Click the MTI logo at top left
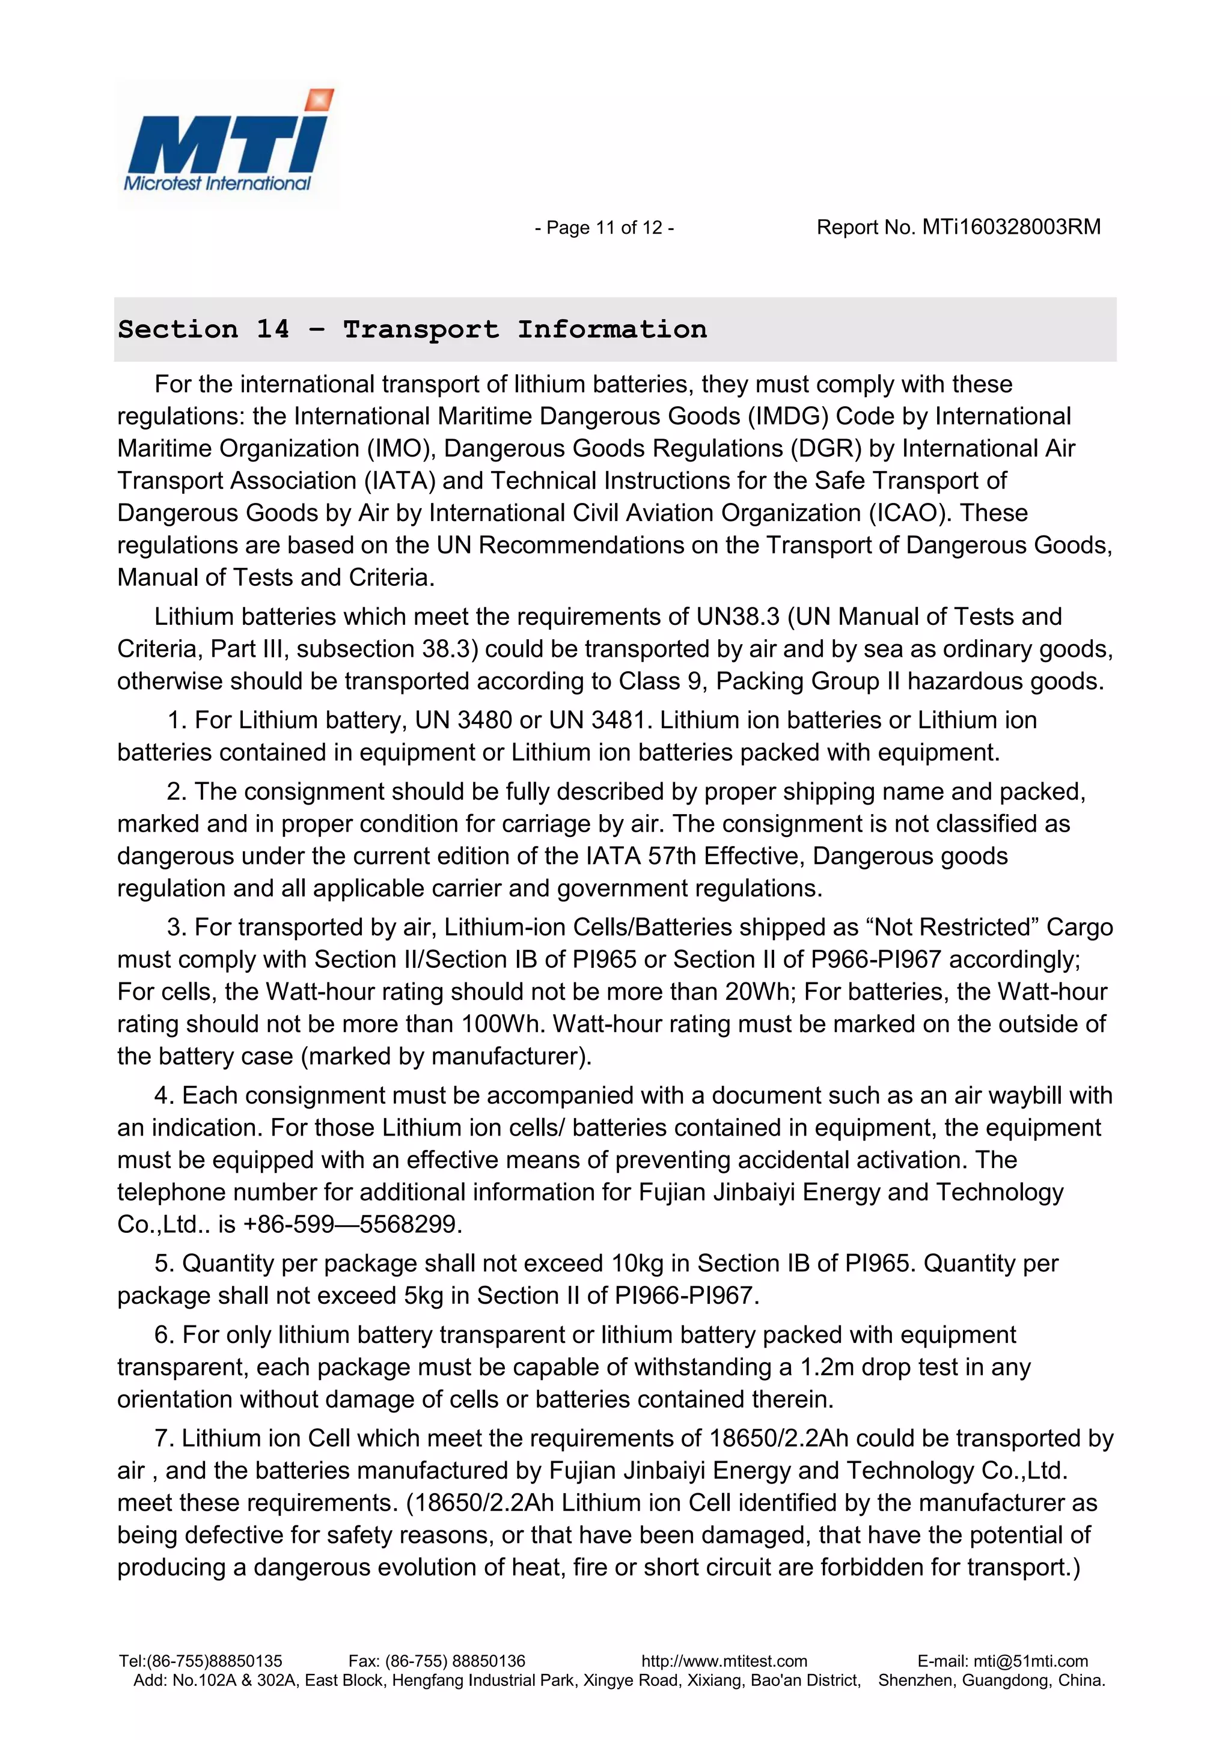point(226,142)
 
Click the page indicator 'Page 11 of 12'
point(604,227)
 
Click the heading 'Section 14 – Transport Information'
point(412,329)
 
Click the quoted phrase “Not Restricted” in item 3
point(952,928)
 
